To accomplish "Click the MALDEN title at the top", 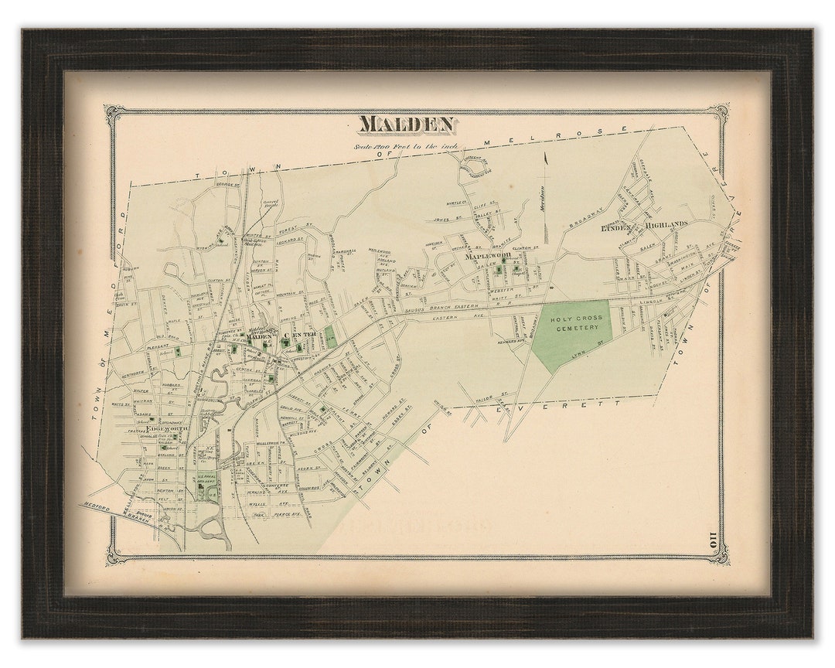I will (407, 124).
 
